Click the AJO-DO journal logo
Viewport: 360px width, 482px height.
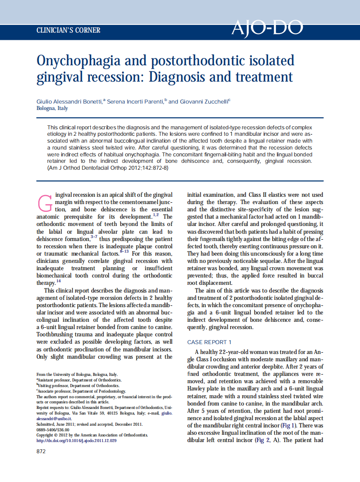tap(267, 28)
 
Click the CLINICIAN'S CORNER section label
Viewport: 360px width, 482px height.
tap(68, 31)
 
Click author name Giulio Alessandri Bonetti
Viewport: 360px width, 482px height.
tap(69, 101)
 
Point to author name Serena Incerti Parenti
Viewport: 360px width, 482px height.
tap(135, 101)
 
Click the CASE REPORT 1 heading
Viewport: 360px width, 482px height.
tap(209, 342)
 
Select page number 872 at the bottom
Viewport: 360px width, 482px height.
tap(41, 451)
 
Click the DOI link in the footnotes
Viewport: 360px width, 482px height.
tap(76, 440)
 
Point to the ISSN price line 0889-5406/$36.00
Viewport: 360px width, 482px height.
tap(53, 429)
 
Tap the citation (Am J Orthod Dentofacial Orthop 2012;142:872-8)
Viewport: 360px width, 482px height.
tap(107, 167)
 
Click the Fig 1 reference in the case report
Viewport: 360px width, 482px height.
tap(297, 425)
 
